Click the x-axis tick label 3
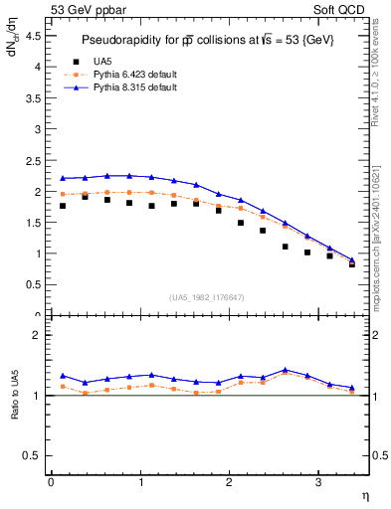point(318,482)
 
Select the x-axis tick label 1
point(140,482)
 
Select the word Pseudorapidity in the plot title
point(123,39)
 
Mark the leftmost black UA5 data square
point(63,206)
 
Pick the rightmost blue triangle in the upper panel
point(352,259)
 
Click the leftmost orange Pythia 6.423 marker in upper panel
point(63,194)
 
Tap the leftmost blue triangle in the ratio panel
point(63,376)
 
